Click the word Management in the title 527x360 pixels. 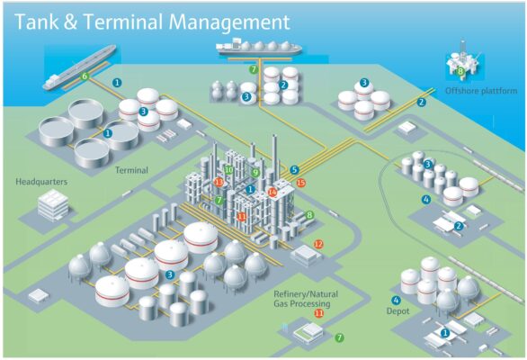[229, 22]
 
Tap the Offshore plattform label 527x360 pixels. [481, 91]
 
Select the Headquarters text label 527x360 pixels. [41, 182]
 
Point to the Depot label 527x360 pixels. [397, 311]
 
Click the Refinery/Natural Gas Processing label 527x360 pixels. [306, 299]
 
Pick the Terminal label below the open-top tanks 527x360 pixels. [131, 170]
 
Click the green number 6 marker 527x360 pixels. [85, 76]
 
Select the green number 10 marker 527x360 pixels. [229, 170]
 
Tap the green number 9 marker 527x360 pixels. [255, 173]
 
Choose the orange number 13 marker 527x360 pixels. [219, 183]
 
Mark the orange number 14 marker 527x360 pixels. [272, 192]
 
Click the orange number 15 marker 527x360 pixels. [300, 183]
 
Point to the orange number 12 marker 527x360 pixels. [318, 244]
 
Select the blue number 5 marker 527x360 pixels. [294, 170]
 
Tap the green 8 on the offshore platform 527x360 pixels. [460, 71]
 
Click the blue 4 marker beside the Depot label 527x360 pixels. [396, 300]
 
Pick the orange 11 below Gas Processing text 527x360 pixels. [318, 313]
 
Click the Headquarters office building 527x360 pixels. [53, 204]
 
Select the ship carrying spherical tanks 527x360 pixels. [258, 47]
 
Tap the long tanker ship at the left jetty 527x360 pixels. [79, 67]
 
